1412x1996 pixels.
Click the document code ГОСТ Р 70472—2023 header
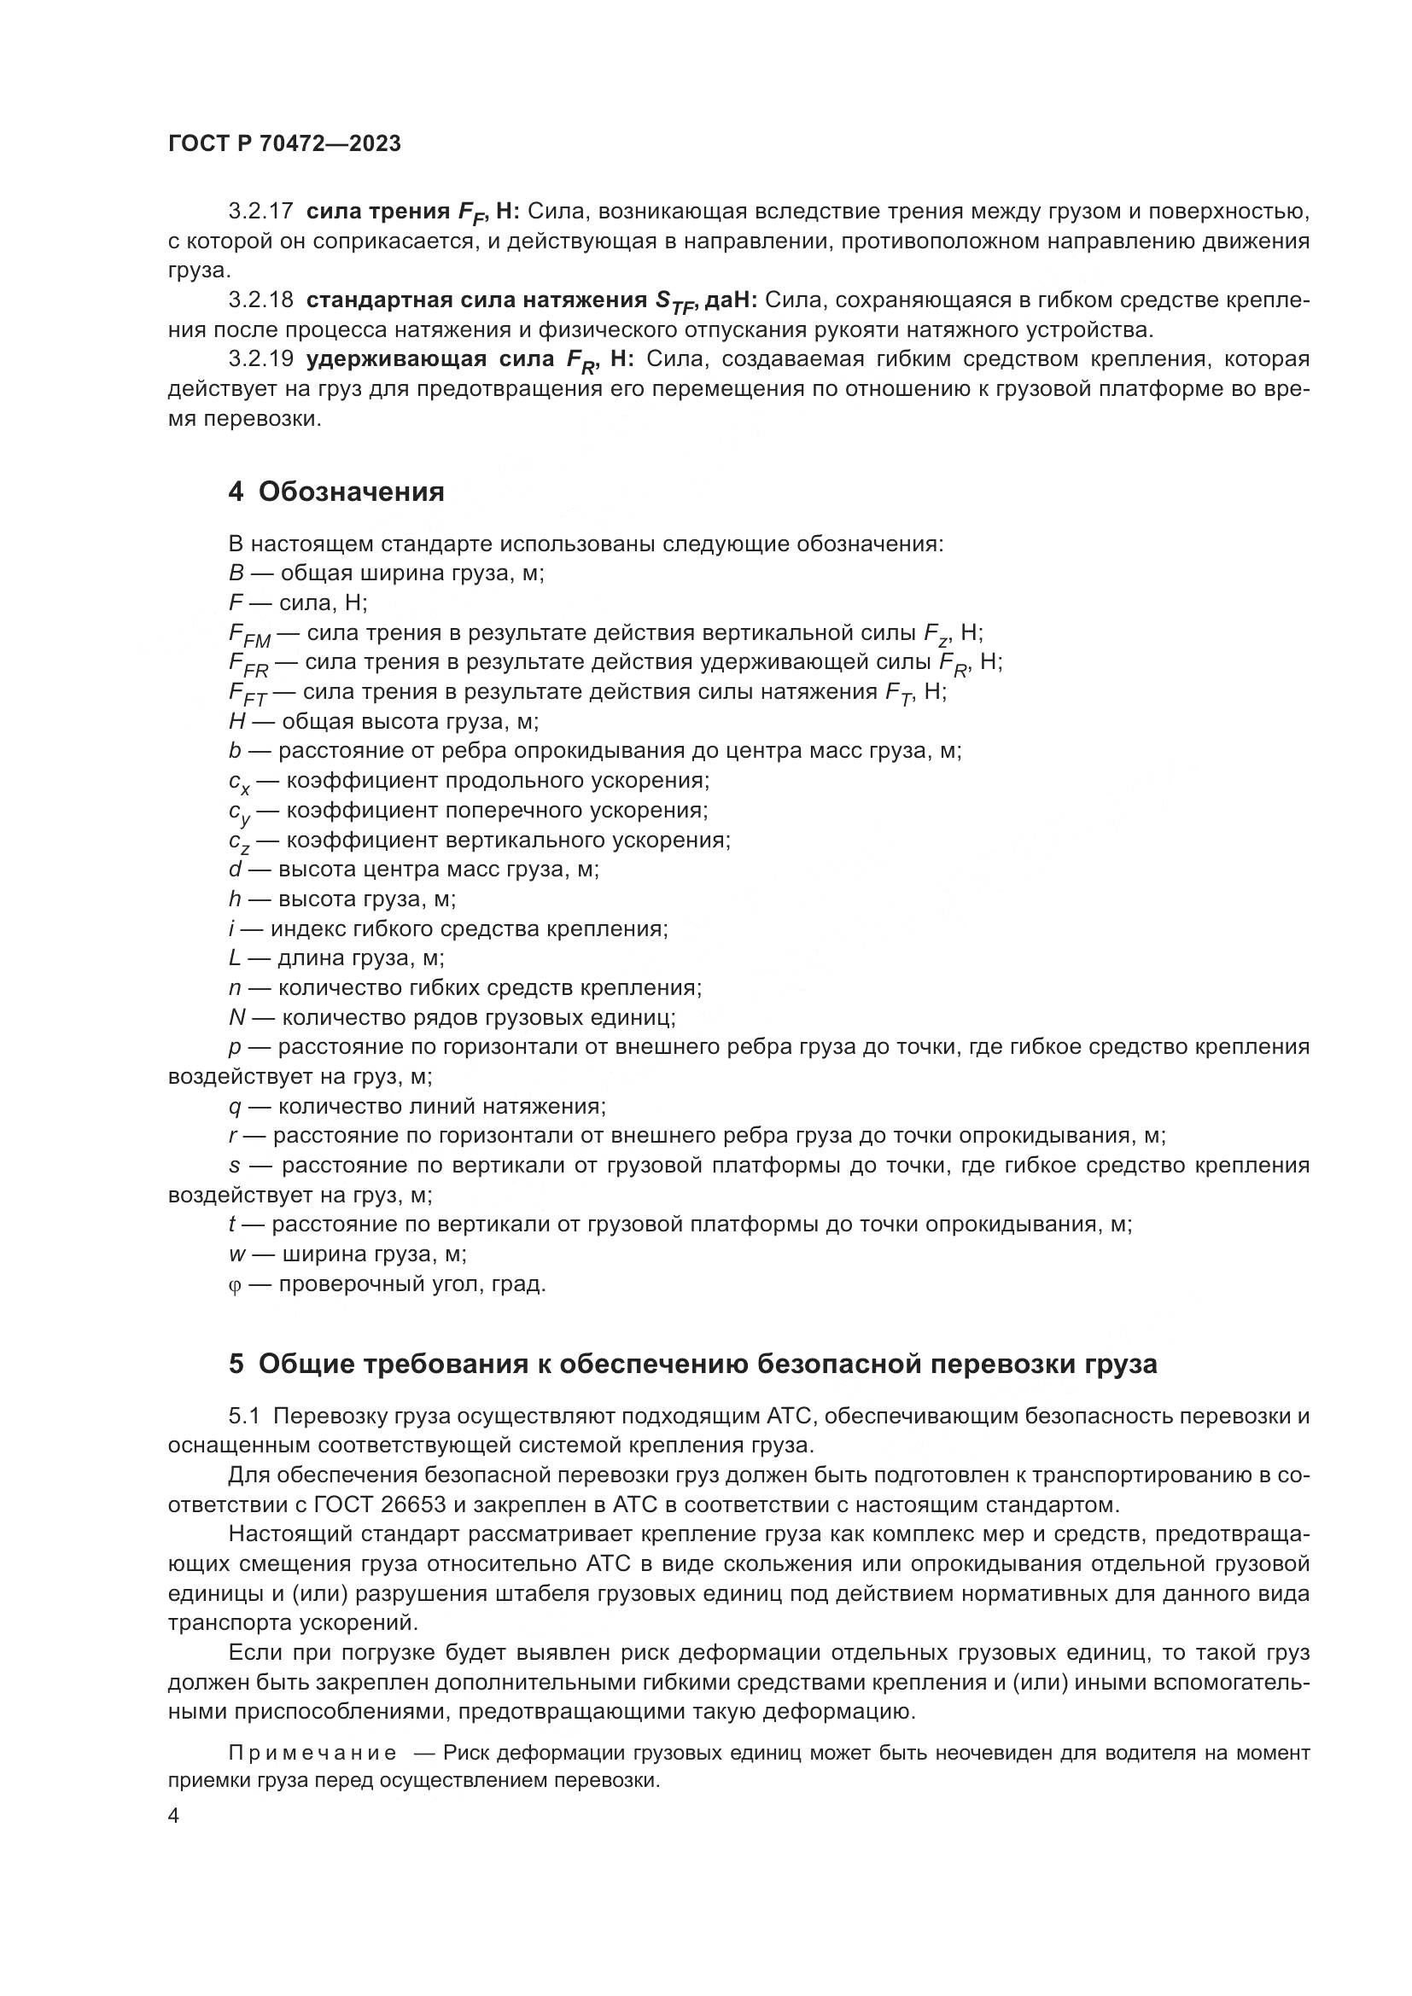pyautogui.click(x=284, y=144)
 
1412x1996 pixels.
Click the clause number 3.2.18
pyautogui.click(x=261, y=300)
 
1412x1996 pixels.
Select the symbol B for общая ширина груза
pyautogui.click(x=235, y=573)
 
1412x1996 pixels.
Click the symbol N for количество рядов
pyautogui.click(x=236, y=1017)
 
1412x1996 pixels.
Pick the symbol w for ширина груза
pyautogui.click(x=236, y=1254)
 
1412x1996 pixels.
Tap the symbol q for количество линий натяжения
pyautogui.click(x=234, y=1108)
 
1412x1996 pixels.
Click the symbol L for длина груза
pyautogui.click(x=235, y=958)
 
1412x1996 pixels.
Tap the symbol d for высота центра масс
pyautogui.click(x=234, y=869)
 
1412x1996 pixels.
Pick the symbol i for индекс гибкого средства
pyautogui.click(x=232, y=928)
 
